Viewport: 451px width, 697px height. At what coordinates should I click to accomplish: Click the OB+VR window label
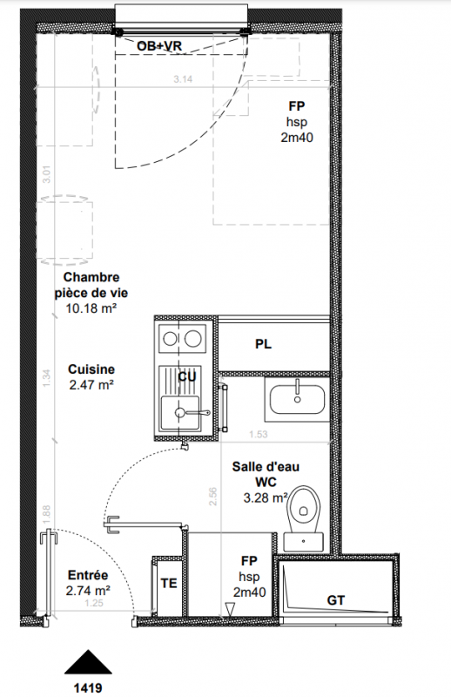point(159,46)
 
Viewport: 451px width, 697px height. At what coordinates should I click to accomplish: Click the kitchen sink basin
point(180,413)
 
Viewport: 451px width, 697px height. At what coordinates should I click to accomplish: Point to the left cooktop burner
point(170,339)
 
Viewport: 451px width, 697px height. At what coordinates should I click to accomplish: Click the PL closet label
point(264,344)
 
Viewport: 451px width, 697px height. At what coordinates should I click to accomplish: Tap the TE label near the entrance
point(169,583)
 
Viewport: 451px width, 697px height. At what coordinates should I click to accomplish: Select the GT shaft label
point(336,600)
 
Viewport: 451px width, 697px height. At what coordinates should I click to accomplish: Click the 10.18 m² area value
point(91,308)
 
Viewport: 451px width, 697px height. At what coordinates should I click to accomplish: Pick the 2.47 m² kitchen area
point(91,385)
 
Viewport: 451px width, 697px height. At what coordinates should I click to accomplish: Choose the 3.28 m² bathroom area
point(266,497)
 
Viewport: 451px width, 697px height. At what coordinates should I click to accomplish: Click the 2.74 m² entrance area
point(88,591)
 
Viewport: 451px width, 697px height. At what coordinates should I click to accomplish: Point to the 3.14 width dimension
point(183,79)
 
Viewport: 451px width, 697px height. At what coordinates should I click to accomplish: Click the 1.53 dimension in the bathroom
point(259,434)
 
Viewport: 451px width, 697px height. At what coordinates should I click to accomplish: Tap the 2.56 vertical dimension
point(212,497)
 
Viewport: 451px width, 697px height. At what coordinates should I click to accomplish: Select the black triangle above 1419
point(88,662)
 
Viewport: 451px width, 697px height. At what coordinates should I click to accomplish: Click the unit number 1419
point(88,688)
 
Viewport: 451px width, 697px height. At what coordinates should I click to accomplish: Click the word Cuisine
point(91,369)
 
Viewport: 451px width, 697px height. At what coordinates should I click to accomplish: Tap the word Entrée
point(88,575)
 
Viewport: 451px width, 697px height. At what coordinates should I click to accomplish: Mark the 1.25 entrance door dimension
point(94,603)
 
